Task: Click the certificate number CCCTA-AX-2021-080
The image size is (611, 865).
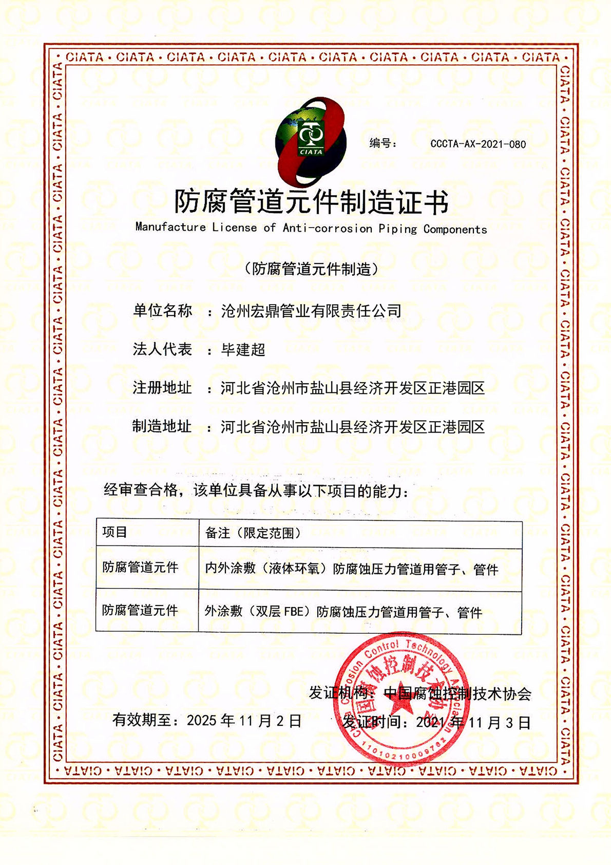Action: (x=478, y=144)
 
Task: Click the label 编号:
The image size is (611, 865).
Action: (x=383, y=143)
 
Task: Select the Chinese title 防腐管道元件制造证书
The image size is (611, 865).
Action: (x=311, y=201)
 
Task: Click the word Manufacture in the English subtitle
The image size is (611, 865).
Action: (x=170, y=227)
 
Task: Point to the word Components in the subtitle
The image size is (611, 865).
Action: (x=455, y=229)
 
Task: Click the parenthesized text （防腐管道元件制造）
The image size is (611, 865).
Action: (x=311, y=269)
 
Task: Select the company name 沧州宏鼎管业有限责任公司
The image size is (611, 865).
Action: (x=311, y=311)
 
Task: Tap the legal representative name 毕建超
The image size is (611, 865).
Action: (x=243, y=350)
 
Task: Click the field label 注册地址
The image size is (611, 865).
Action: (x=162, y=388)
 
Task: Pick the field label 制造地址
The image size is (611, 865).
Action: (x=162, y=426)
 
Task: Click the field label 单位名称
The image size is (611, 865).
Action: (x=162, y=310)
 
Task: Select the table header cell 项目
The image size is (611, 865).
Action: (x=114, y=532)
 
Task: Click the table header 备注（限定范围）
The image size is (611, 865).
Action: (x=253, y=533)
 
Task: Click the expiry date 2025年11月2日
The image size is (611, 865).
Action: (x=244, y=721)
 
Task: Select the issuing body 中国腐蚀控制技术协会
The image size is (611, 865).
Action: (x=457, y=693)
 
